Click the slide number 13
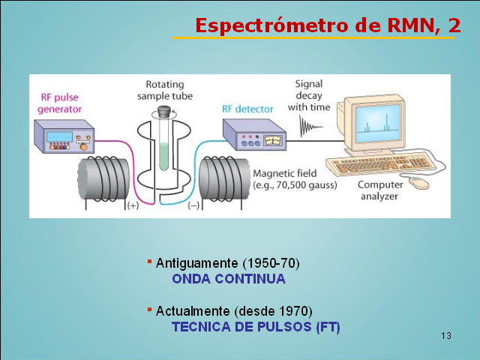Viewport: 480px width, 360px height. (x=446, y=336)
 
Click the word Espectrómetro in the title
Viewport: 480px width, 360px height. (x=271, y=25)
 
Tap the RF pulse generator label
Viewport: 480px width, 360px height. (x=60, y=103)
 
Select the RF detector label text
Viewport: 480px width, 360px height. (x=247, y=109)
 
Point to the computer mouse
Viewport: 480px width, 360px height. (x=419, y=182)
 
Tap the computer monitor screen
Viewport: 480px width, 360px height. (x=378, y=123)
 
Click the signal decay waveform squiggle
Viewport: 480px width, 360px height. (x=310, y=126)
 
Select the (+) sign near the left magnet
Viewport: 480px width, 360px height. (x=133, y=205)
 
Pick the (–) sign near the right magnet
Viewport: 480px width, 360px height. (x=193, y=205)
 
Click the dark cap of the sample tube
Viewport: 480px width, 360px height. (x=164, y=112)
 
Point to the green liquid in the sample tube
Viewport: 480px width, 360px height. (x=164, y=157)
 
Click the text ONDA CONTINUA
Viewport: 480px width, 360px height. (x=229, y=279)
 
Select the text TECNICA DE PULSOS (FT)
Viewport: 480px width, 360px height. (x=256, y=327)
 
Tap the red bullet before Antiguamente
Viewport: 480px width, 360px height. (x=150, y=262)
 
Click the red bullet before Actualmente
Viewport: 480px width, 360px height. (x=150, y=310)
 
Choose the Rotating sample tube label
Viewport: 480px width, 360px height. (x=165, y=90)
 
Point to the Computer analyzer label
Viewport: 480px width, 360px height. (x=380, y=190)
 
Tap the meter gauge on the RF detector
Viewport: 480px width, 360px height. (x=273, y=140)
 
